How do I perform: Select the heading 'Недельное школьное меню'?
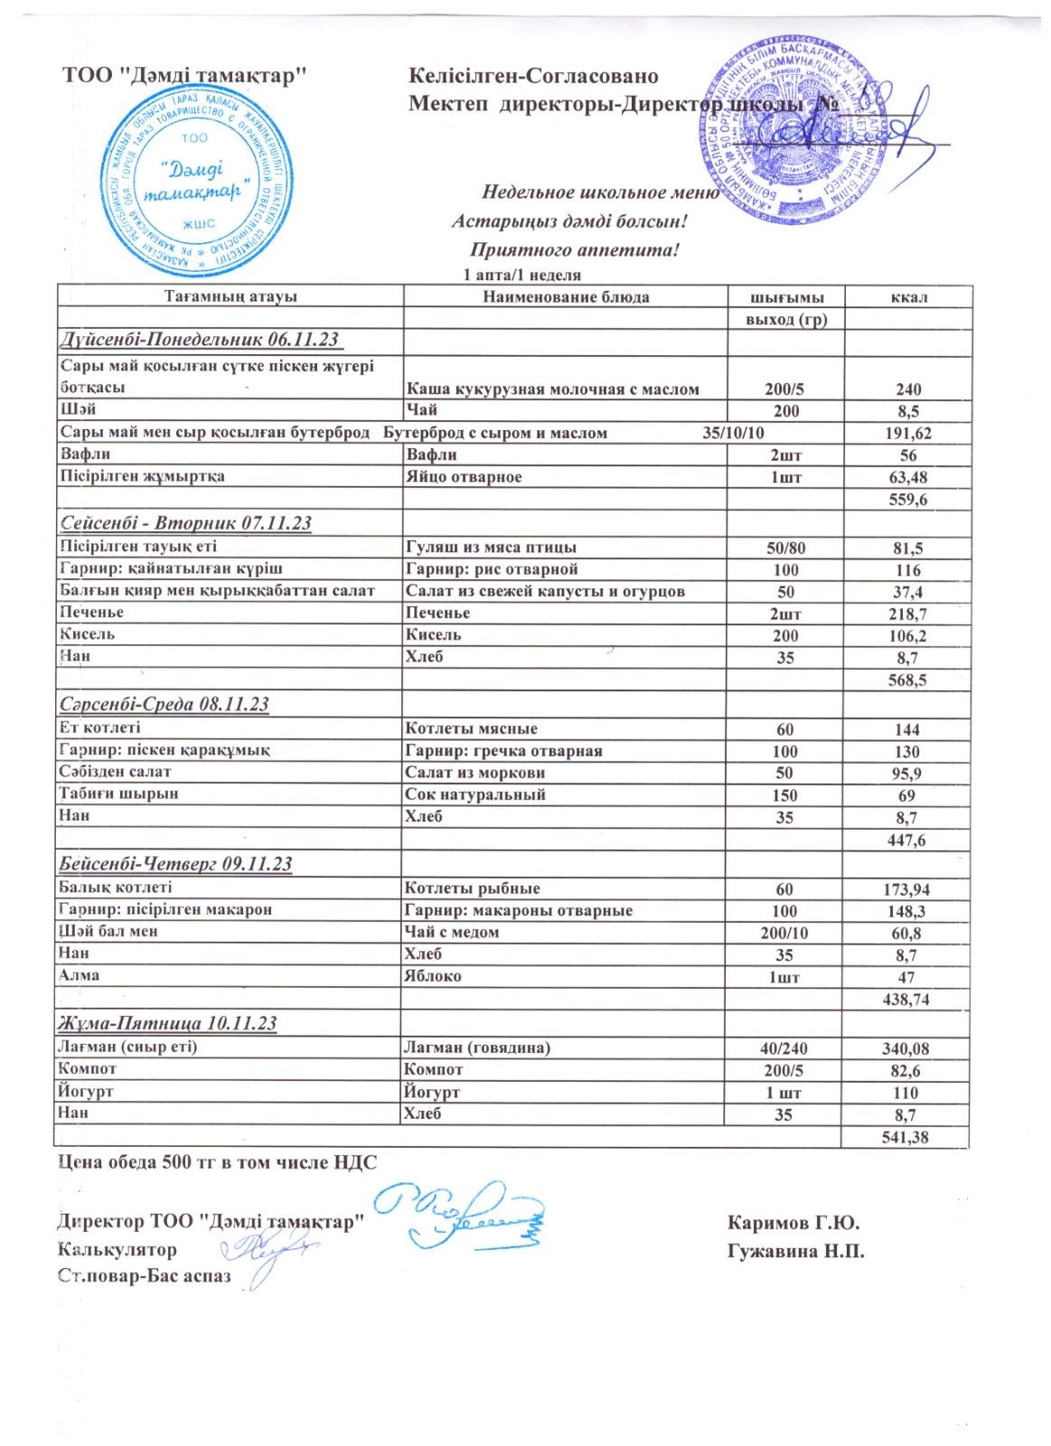[x=600, y=192]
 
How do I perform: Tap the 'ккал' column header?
[x=908, y=296]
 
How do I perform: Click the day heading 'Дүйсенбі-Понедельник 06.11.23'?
[x=201, y=340]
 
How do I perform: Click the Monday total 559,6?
[x=908, y=499]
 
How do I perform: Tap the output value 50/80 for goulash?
[x=785, y=548]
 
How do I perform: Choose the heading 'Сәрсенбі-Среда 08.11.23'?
[x=164, y=704]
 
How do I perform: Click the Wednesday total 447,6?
[x=908, y=840]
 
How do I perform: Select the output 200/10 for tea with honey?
[x=785, y=933]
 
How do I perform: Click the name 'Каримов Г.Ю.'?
[x=793, y=1224]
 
